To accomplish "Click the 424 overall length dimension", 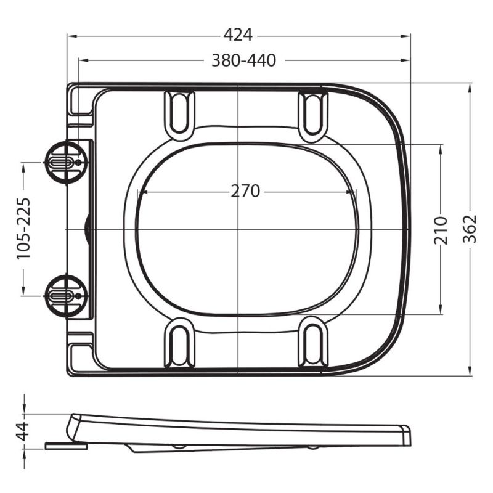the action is [238, 35].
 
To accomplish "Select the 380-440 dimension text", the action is [243, 60].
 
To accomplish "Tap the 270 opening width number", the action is [245, 191].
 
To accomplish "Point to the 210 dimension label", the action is [440, 230].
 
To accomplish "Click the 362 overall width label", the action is [470, 229].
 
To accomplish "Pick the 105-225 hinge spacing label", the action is [23, 229].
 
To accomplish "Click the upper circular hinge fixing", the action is [65, 163].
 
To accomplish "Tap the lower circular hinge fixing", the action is [65, 296].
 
